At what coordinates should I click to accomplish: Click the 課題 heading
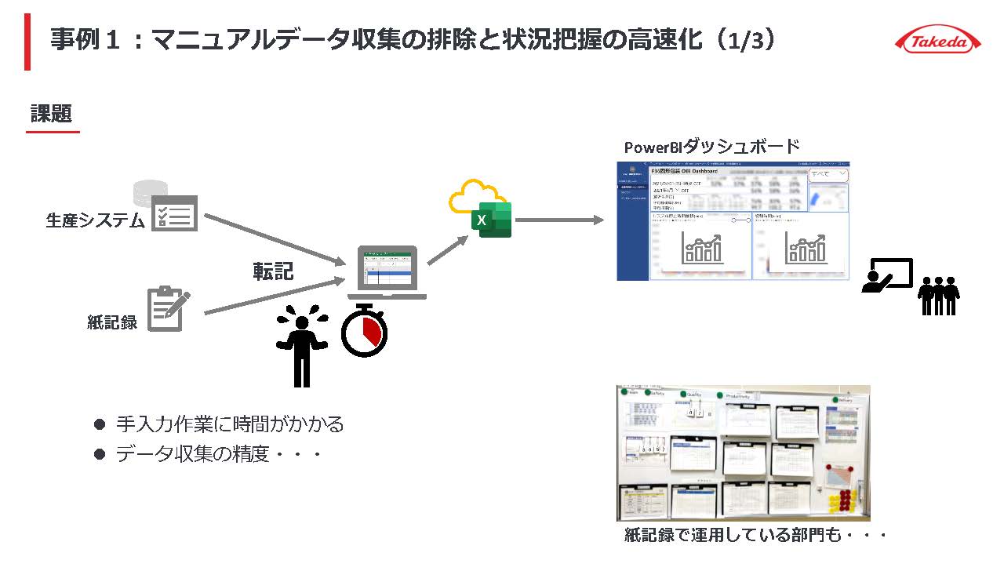tap(52, 115)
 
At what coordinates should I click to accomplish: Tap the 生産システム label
tap(95, 220)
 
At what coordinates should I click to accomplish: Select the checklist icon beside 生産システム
tap(174, 213)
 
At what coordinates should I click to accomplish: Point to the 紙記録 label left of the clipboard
tap(112, 322)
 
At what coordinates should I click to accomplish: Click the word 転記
tap(273, 271)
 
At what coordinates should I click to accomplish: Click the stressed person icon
tap(302, 346)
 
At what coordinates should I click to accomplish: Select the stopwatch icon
tap(365, 330)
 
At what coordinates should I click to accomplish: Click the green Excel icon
tap(491, 220)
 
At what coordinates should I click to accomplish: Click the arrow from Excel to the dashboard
tap(559, 220)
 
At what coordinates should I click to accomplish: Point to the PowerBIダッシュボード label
tap(711, 147)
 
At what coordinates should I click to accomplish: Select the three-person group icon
tap(940, 295)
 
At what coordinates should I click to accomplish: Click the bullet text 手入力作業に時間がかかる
tap(230, 424)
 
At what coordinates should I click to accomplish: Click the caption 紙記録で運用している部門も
tap(755, 535)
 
